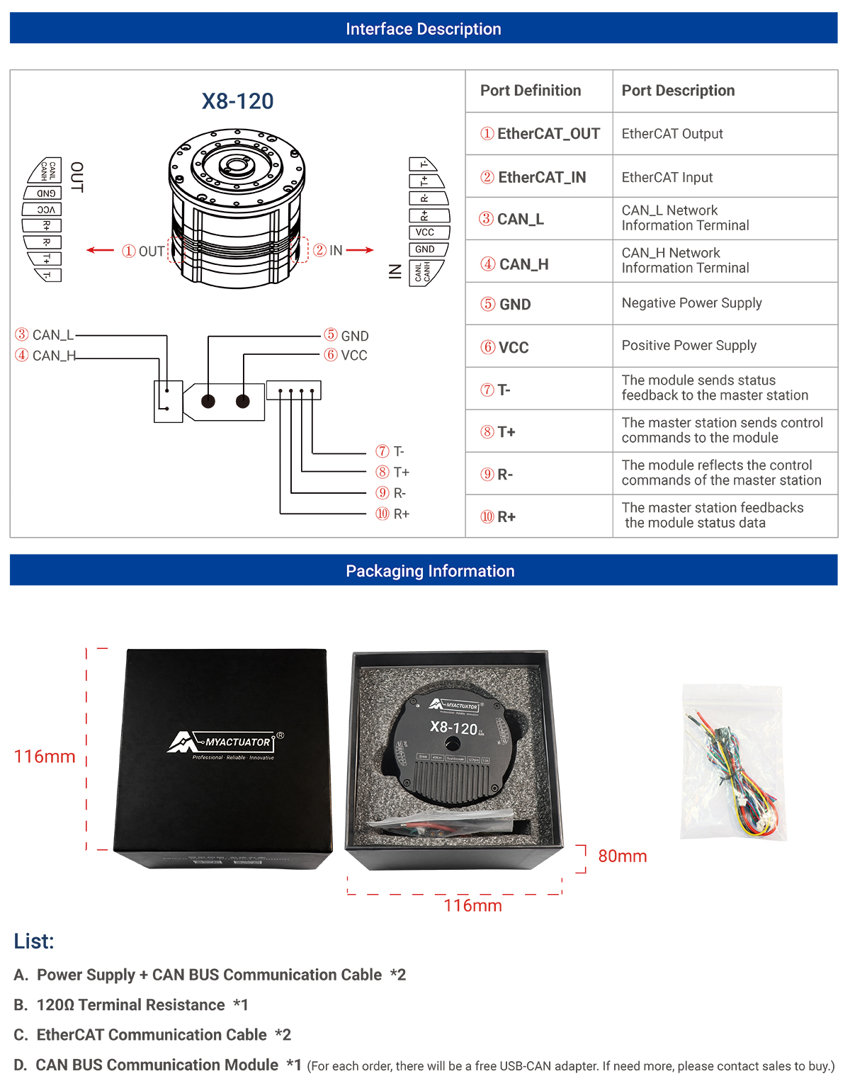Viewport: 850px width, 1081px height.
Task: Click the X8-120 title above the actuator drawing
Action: [x=237, y=101]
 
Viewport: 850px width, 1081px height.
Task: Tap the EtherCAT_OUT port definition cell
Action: [x=540, y=134]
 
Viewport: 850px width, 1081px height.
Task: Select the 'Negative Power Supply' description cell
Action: [x=691, y=303]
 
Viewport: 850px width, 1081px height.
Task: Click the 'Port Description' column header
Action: [x=678, y=91]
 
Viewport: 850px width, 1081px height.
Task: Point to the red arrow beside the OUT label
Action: [x=100, y=250]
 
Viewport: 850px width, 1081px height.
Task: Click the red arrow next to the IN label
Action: [x=360, y=250]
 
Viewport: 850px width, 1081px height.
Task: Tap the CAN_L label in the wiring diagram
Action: [x=52, y=335]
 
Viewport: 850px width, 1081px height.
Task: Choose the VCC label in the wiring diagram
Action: [x=353, y=356]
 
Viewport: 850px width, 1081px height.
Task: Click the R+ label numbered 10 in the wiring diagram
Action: [x=401, y=514]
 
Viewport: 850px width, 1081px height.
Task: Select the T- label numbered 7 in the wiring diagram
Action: [x=398, y=451]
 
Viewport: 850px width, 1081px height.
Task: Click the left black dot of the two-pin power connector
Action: [x=208, y=402]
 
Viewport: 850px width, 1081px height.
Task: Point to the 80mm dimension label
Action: [x=622, y=856]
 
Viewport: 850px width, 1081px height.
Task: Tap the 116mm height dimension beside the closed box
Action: [x=45, y=757]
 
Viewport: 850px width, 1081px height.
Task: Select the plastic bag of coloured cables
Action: [x=734, y=762]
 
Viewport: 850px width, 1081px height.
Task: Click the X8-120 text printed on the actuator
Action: [x=453, y=728]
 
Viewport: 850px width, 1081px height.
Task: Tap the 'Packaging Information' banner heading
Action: [x=430, y=571]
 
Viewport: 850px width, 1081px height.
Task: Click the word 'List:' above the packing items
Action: [x=34, y=941]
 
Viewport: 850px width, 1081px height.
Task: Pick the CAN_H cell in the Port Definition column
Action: [x=523, y=264]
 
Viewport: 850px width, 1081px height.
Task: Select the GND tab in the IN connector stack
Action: [x=425, y=249]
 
